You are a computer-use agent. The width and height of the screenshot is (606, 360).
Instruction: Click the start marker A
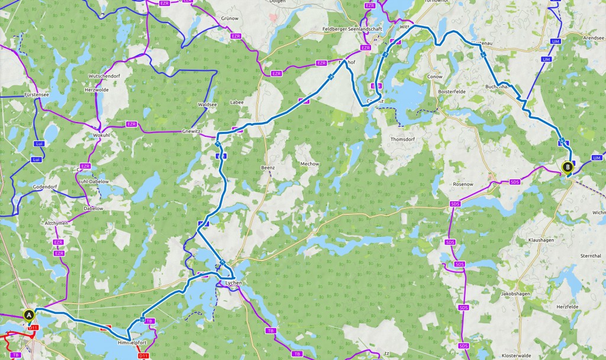tap(28, 314)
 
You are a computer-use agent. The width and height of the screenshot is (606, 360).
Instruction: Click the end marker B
tap(568, 167)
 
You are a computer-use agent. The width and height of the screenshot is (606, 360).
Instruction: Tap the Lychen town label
tap(234, 284)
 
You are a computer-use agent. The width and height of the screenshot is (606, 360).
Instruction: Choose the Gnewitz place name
tap(192, 131)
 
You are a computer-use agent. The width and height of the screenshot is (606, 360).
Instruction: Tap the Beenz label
tap(268, 168)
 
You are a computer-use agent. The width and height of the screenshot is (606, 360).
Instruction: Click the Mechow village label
tap(310, 163)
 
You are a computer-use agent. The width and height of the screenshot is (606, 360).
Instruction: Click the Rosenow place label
tap(463, 184)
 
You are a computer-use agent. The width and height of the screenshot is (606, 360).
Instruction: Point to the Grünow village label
tap(230, 18)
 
